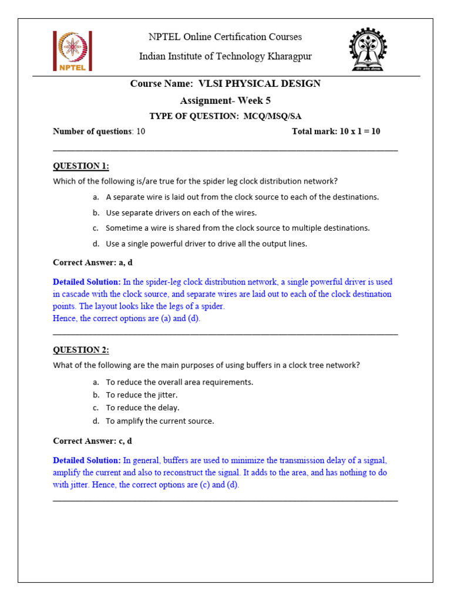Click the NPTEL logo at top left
(72, 51)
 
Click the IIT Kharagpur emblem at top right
(367, 50)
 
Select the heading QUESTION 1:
(81, 166)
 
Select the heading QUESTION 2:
(81, 350)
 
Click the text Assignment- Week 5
(225, 100)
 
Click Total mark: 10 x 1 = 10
(336, 131)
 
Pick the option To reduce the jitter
(142, 395)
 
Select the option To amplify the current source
(160, 421)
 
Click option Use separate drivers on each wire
(181, 212)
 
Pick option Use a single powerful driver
(206, 244)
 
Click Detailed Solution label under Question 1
(87, 282)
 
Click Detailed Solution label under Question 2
(87, 460)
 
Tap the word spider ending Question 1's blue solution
(213, 306)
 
